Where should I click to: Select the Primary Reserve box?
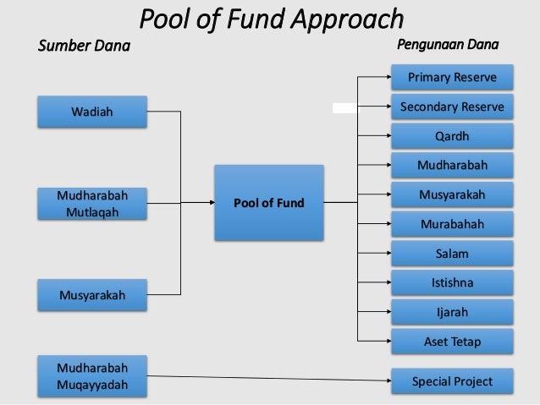coord(452,79)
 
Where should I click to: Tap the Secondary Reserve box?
coord(452,107)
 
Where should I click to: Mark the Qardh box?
coord(452,136)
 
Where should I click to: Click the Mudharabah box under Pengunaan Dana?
coord(452,166)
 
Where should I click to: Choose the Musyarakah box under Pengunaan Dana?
coord(452,195)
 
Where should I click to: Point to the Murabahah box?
coord(452,225)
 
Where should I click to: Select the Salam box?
coord(452,254)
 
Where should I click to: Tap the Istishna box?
coord(452,283)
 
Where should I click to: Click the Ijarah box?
coord(452,312)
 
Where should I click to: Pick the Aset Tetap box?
coord(452,342)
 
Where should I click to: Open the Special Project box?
coord(452,381)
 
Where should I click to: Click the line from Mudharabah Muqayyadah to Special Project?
coord(262,378)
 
